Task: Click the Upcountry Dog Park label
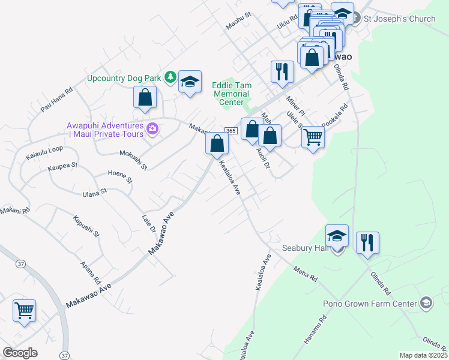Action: point(124,78)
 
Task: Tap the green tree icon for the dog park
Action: point(170,77)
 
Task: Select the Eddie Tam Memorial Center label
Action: point(231,94)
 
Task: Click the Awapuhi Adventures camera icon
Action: point(152,128)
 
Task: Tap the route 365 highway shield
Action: point(231,131)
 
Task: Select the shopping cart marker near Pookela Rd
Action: point(313,137)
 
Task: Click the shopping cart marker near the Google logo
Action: point(25,311)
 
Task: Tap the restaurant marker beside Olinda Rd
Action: point(367,243)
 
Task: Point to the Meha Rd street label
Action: point(305,274)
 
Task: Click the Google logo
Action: point(20,353)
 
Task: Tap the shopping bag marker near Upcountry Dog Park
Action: point(145,98)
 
